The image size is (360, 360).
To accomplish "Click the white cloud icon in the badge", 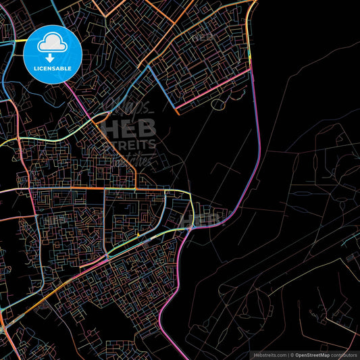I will click(x=53, y=43).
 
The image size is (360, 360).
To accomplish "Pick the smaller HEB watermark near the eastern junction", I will click(x=207, y=217).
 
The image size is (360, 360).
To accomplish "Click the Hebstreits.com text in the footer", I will click(x=269, y=355).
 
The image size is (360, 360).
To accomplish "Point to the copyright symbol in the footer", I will click(x=292, y=355).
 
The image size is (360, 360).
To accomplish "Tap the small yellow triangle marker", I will click(x=137, y=235).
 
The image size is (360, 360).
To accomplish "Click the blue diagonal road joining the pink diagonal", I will click(x=163, y=88).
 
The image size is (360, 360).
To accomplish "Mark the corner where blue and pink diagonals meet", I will click(x=178, y=107).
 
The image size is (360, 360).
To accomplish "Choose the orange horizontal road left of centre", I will click(x=68, y=188).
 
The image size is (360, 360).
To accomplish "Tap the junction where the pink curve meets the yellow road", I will click(x=192, y=227).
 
